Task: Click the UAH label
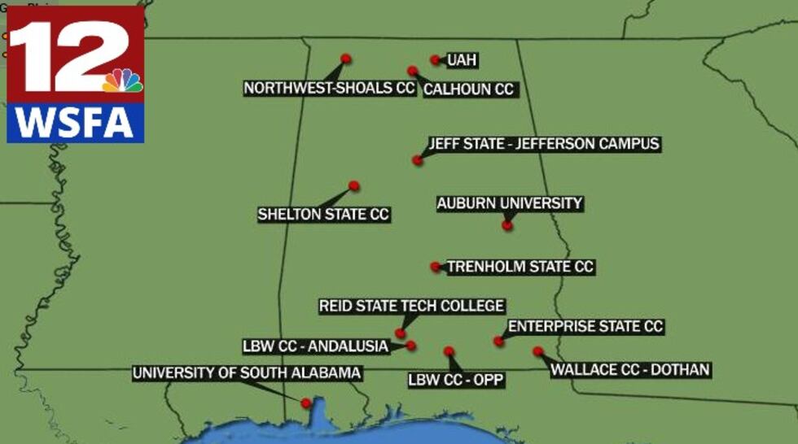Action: [x=462, y=60]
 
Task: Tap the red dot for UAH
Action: [x=436, y=59]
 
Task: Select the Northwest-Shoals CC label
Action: [x=330, y=88]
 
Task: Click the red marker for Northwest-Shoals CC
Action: [x=345, y=59]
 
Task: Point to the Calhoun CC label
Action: [x=469, y=89]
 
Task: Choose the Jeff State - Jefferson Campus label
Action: [x=544, y=144]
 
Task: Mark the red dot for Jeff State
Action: [x=418, y=160]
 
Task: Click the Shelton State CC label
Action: [x=323, y=215]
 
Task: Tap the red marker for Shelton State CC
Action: [x=353, y=186]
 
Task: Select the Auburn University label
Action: [x=510, y=203]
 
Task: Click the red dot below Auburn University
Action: [x=507, y=225]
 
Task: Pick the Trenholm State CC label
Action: [x=520, y=267]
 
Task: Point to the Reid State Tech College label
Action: [x=411, y=307]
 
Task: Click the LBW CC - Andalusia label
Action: [x=315, y=346]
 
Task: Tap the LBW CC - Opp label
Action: [x=456, y=380]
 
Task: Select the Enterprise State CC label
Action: [x=585, y=327]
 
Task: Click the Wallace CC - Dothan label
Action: [x=630, y=370]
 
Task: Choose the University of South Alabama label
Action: [x=246, y=373]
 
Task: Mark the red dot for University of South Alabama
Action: [x=306, y=403]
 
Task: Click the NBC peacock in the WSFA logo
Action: [x=122, y=81]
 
